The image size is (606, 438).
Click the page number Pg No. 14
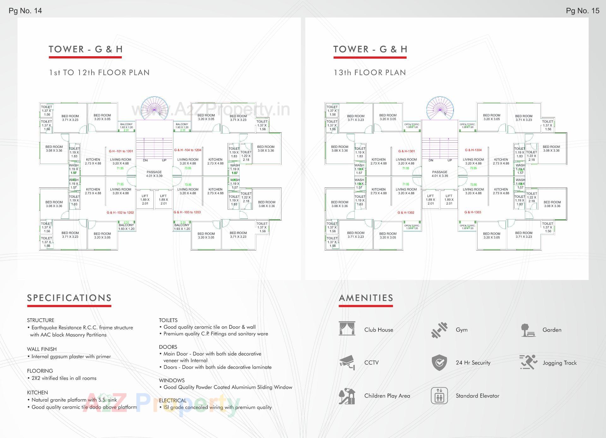tap(25, 11)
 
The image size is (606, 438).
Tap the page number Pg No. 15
tap(582, 11)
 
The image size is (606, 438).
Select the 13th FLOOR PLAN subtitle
tap(370, 73)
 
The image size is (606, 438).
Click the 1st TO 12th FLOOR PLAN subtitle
tap(99, 73)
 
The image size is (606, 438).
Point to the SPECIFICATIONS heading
tap(69, 298)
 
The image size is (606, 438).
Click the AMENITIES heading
tap(366, 298)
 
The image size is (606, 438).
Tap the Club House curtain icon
tap(347, 329)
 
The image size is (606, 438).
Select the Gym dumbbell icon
tap(439, 330)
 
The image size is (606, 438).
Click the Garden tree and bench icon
tap(528, 330)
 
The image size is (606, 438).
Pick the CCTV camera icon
tap(347, 362)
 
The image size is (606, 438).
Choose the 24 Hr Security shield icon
tap(439, 363)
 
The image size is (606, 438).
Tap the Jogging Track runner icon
tap(528, 362)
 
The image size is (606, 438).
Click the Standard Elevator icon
tap(439, 396)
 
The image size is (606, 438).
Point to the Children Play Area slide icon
tap(347, 396)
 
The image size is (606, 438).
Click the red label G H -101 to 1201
tap(121, 151)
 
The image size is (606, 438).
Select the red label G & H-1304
tap(473, 150)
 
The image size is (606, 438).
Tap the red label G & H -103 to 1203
tap(187, 212)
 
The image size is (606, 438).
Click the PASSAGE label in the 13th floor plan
tap(440, 172)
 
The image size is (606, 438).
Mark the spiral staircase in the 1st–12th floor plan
tap(154, 108)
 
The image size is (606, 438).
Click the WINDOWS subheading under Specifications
tap(172, 380)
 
